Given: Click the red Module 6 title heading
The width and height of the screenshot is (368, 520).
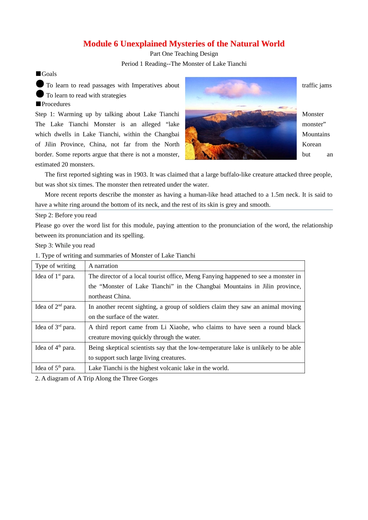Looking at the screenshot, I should (x=184, y=44).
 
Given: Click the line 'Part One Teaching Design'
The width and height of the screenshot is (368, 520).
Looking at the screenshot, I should (x=184, y=54).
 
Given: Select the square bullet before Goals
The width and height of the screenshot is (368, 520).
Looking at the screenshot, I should (x=38, y=74).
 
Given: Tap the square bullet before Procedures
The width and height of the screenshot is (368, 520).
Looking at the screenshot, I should (x=38, y=104).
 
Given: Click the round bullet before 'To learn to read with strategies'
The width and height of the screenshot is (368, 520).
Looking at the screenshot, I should (x=40, y=94).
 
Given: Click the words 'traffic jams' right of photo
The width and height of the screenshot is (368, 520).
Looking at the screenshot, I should (x=316, y=86).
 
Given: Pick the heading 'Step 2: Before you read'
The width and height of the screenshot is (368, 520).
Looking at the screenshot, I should (x=66, y=215).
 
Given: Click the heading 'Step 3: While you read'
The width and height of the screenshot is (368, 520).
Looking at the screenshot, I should (x=65, y=245).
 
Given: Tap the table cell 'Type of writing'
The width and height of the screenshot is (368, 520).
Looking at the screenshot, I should (x=55, y=266).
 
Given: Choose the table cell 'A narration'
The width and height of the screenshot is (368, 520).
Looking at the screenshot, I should (x=103, y=266).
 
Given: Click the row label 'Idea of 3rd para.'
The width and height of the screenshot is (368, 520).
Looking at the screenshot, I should (x=55, y=327).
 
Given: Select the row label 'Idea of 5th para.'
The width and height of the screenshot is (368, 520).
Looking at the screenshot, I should (x=55, y=368).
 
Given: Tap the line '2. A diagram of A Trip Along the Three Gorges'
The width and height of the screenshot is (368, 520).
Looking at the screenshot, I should (x=96, y=378).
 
